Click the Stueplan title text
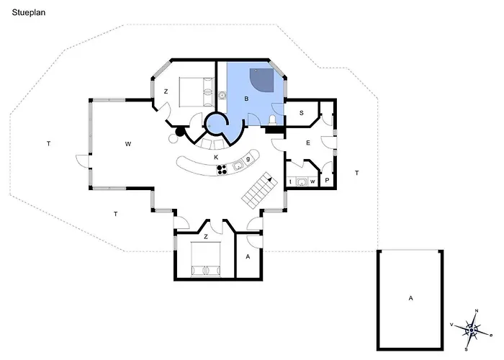click(x=29, y=13)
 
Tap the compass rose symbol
click(x=471, y=330)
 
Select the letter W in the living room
click(x=128, y=144)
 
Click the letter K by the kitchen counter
click(x=216, y=157)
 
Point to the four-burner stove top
click(x=222, y=170)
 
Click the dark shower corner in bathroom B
click(x=261, y=80)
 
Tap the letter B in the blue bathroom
click(x=246, y=99)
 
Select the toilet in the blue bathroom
click(x=273, y=120)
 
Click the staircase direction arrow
click(x=269, y=180)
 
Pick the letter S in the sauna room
click(x=301, y=113)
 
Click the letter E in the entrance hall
click(x=308, y=143)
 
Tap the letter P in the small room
click(x=327, y=180)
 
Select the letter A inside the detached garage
click(x=410, y=298)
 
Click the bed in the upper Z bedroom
click(x=197, y=91)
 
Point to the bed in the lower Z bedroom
click(x=206, y=259)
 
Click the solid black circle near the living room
click(x=180, y=131)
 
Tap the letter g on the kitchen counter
click(x=248, y=159)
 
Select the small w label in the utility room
click(x=312, y=182)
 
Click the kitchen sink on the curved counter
click(x=238, y=166)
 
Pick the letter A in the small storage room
click(x=248, y=257)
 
